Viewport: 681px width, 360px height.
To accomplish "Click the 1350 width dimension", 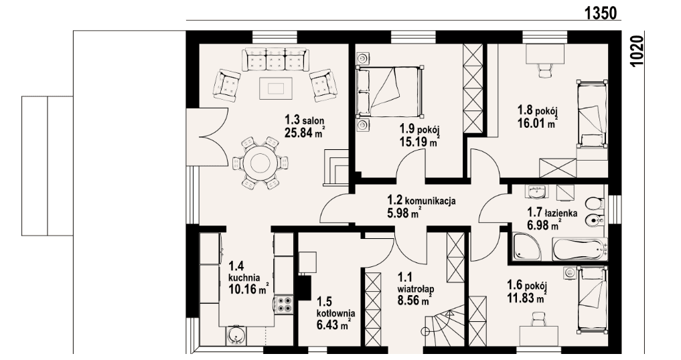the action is coord(600,12).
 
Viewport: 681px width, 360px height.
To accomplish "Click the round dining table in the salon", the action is coord(260,163).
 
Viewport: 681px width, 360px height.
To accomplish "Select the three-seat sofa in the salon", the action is coord(275,59).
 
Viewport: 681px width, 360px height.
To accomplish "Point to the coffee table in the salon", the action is coord(276,88).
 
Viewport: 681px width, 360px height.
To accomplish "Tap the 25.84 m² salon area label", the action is coord(305,132).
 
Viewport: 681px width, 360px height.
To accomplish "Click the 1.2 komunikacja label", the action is coord(421,200).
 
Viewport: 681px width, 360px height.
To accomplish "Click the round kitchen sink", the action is coord(236,336).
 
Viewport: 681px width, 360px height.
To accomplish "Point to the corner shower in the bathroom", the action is coord(526,247).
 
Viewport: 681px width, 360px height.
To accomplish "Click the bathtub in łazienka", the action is coord(579,249).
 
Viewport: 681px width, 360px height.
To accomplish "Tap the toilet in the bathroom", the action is coord(594,203).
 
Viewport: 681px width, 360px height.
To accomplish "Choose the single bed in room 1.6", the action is coord(592,300).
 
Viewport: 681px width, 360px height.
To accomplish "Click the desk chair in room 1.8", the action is coord(544,70).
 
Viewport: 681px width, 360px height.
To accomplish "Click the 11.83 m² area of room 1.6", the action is coord(527,298).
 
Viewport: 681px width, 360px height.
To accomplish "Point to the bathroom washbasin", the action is coord(537,191).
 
